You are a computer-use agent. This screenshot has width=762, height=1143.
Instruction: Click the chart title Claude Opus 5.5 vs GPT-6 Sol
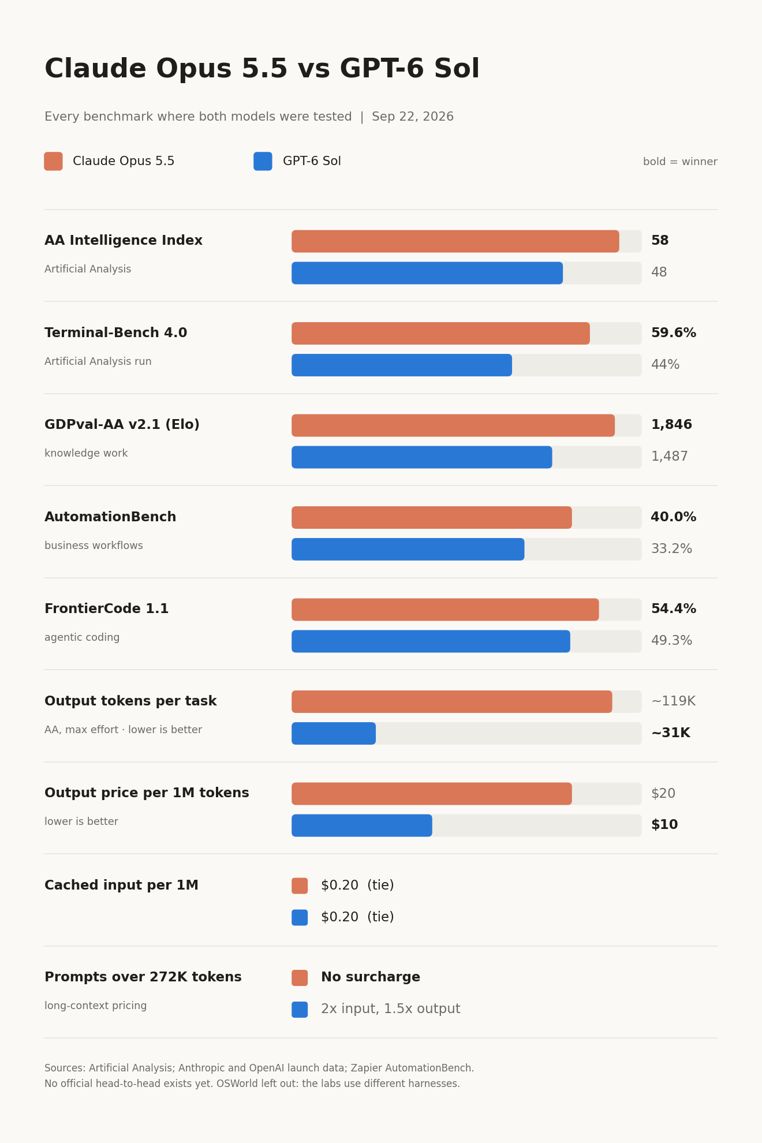(x=262, y=69)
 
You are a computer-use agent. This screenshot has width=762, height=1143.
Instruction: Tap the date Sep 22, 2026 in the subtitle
(x=413, y=117)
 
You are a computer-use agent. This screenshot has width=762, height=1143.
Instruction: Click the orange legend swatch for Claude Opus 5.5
(x=53, y=161)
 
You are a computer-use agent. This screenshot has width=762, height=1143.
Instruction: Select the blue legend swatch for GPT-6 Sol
(x=263, y=161)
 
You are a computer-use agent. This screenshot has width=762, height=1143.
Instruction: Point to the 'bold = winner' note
(x=680, y=162)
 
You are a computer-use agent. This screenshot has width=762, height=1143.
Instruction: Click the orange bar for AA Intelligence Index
(x=455, y=241)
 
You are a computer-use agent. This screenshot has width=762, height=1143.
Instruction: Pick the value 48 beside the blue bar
(x=659, y=273)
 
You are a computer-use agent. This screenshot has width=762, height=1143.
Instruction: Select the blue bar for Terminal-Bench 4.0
(x=402, y=365)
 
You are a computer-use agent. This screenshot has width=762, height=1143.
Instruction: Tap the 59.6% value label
(x=674, y=334)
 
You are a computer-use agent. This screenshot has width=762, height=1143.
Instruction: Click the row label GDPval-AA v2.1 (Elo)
(x=122, y=425)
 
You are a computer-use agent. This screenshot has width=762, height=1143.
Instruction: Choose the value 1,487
(x=670, y=457)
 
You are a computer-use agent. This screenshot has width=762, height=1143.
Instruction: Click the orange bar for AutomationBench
(x=432, y=518)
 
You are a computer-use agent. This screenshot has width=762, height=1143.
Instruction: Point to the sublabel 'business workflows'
(x=94, y=546)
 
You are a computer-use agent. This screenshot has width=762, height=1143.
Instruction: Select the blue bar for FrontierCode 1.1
(x=431, y=641)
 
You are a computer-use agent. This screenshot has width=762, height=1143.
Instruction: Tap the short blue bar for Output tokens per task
(x=334, y=734)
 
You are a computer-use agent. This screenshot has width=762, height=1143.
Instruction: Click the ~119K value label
(x=673, y=702)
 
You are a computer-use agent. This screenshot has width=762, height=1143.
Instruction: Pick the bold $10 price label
(x=664, y=825)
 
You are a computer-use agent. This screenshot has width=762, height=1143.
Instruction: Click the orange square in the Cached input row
(x=300, y=886)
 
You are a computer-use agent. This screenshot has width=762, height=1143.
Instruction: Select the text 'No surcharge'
(x=371, y=978)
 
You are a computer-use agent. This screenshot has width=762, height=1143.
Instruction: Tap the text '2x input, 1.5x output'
(x=391, y=1010)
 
